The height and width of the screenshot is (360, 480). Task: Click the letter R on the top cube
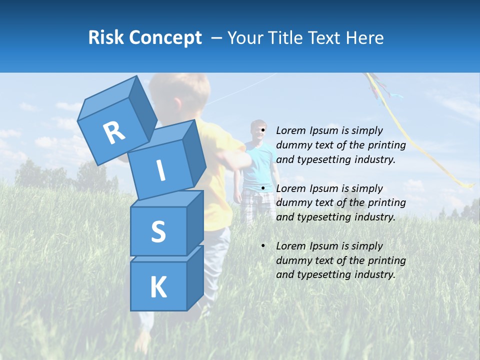click(114, 133)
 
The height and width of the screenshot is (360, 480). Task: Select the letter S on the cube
click(158, 232)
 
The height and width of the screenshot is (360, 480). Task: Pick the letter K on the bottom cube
click(158, 287)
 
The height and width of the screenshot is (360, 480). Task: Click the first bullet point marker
click(263, 131)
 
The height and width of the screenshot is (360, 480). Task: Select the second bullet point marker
click(263, 188)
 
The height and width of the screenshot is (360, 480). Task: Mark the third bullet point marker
click(263, 246)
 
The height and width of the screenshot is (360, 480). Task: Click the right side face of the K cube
click(195, 277)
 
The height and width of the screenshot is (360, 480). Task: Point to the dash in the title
click(217, 38)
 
